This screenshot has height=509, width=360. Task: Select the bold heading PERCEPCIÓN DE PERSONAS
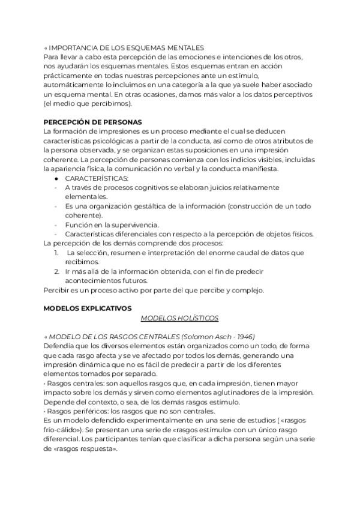[92, 121]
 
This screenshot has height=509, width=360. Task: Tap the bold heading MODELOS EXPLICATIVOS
[88, 308]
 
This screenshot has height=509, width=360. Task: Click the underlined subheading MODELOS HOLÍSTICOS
[179, 318]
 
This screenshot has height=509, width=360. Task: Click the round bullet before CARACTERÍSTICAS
[56, 178]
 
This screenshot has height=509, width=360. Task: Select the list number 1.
[56, 253]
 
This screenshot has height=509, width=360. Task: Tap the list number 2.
[56, 271]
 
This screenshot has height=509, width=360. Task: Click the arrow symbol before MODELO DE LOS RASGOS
[46, 337]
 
